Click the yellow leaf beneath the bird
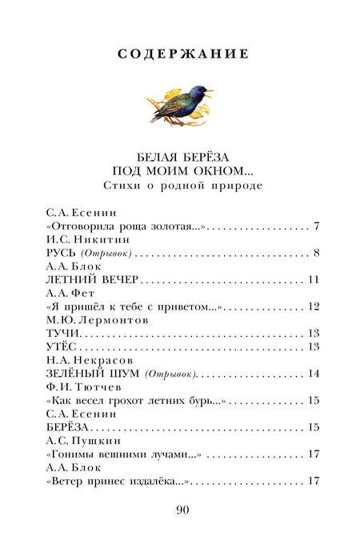pyautogui.click(x=158, y=103)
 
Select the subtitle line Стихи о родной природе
pyautogui.click(x=179, y=185)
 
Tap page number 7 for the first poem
pyautogui.click(x=318, y=226)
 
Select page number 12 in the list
pyautogui.click(x=314, y=306)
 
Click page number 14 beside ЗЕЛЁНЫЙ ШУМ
pyautogui.click(x=314, y=373)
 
